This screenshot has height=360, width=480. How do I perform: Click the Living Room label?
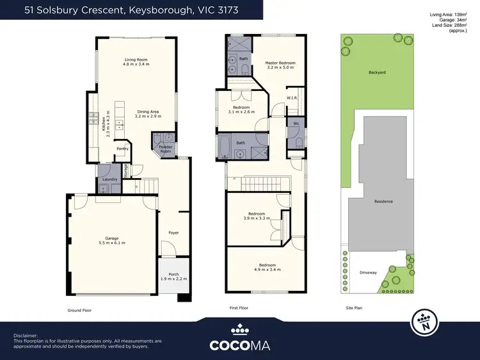[x=135, y=62]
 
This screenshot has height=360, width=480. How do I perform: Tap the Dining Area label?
[x=148, y=114]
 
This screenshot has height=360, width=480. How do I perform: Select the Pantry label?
[x=122, y=149]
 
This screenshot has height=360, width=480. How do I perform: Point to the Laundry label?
[x=110, y=179]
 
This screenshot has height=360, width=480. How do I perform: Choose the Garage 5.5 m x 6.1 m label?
[x=112, y=240]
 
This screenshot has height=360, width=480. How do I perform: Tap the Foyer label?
[x=173, y=233]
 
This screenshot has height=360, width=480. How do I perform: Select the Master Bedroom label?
[x=279, y=64]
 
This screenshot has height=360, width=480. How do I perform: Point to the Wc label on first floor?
[x=296, y=123]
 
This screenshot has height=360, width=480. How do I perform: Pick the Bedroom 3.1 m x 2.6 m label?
[x=241, y=109]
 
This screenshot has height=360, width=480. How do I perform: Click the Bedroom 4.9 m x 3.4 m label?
[x=267, y=267]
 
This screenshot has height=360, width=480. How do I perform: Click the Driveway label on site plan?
[x=367, y=272]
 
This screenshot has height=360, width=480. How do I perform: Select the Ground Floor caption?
[x=80, y=309]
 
